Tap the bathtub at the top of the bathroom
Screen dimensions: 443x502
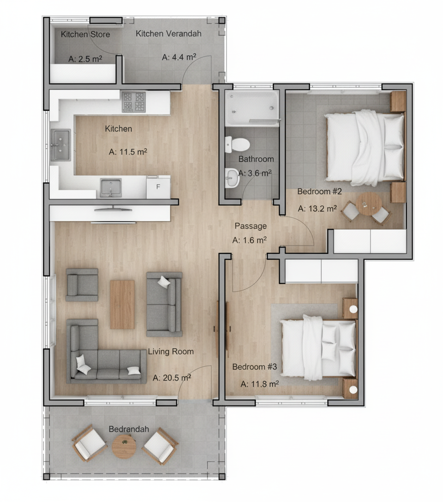[252, 108]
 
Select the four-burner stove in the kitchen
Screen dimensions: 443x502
[134, 102]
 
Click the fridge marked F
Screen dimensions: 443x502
[158, 187]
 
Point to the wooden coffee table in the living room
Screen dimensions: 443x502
[122, 305]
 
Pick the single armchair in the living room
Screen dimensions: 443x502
[82, 285]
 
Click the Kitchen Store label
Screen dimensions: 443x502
[85, 34]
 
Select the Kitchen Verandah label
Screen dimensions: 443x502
[169, 33]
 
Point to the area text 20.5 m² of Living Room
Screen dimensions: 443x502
[172, 377]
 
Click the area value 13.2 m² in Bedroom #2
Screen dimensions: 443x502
[317, 209]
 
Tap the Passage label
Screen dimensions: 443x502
[251, 226]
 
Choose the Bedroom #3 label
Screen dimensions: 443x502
[254, 366]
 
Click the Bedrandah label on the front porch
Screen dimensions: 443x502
[129, 429]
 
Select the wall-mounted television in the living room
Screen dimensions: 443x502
[113, 209]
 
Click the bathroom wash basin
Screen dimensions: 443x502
[232, 178]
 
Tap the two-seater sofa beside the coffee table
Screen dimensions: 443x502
[164, 304]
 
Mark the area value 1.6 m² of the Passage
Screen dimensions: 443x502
[250, 240]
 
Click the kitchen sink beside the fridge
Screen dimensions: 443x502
[111, 188]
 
